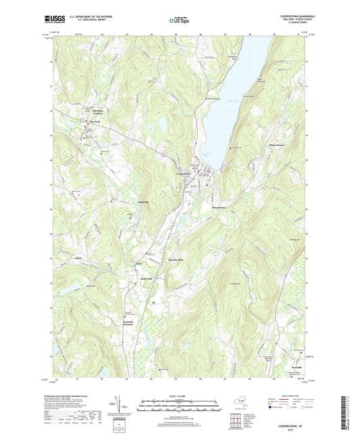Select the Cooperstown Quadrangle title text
click(x=297, y=15)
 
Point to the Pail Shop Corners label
click(x=98, y=112)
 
